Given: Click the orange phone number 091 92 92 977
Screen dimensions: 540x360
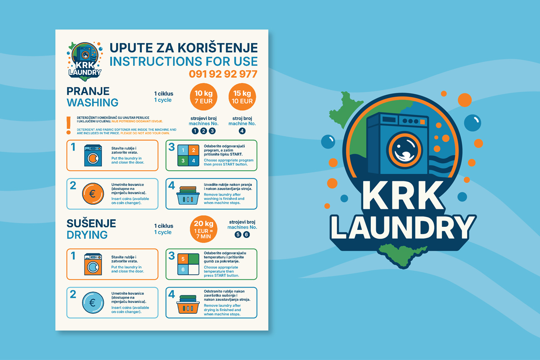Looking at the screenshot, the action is pos(223,74).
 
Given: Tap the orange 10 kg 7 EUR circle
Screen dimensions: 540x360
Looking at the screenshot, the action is pos(204,97).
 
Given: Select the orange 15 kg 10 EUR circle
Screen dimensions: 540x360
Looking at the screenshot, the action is pos(242,97).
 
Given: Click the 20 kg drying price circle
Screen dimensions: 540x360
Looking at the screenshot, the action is pos(204,229).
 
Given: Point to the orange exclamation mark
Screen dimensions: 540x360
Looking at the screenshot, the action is pos(69,126).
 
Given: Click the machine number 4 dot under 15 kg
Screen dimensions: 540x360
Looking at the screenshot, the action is pos(242,131).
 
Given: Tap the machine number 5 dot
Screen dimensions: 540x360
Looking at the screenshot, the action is pos(238,234).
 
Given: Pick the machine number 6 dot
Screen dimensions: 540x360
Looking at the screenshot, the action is pos(247,234).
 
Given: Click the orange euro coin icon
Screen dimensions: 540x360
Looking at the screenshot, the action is pos(93,193).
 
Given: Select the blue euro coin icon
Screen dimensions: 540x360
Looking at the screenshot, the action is pos(93,302).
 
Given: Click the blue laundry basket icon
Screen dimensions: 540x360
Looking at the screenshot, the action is pos(188,196).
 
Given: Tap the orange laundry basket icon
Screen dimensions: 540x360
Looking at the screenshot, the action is pos(188,304).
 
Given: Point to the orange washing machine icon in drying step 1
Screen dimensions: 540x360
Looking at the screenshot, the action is pos(93,264).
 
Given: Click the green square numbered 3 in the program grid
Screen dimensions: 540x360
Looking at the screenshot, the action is pos(183,161).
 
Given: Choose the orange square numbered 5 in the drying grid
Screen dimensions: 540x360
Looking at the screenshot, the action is pos(183,259).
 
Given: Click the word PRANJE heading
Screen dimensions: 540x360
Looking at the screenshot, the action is pos(88,91).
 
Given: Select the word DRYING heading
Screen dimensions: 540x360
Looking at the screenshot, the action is pos(87,235).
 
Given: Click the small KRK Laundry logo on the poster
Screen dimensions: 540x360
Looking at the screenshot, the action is pos(85,62).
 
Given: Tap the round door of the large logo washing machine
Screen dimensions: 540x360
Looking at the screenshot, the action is pos(405,150).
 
